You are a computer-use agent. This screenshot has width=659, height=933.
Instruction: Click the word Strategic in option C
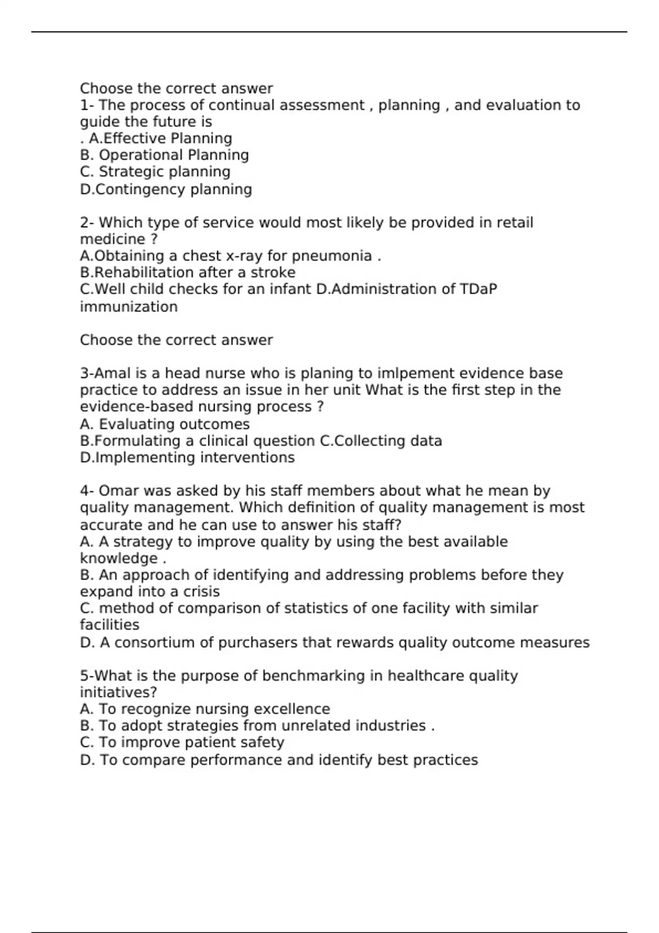(x=131, y=172)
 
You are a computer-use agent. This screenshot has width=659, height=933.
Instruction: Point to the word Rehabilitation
(x=144, y=272)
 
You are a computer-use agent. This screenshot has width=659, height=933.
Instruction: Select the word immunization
(x=129, y=306)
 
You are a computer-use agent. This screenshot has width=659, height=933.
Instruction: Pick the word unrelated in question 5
(x=316, y=726)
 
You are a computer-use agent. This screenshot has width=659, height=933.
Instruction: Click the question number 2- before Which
(x=87, y=223)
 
